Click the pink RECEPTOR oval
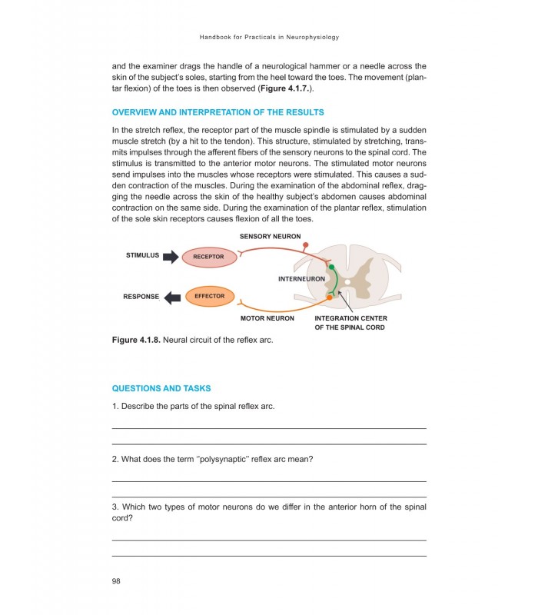click(x=208, y=256)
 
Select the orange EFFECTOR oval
click(x=209, y=296)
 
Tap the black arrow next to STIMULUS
click(x=171, y=256)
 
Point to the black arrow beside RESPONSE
click(x=172, y=297)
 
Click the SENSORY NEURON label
click(x=270, y=237)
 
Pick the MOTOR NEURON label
click(x=267, y=318)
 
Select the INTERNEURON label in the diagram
click(x=301, y=279)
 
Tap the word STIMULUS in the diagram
click(x=142, y=255)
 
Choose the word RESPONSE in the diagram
click(x=141, y=297)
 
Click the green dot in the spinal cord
click(x=332, y=267)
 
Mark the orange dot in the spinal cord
click(x=330, y=297)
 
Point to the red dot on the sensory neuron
click(x=306, y=246)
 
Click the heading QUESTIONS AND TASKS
click(x=161, y=388)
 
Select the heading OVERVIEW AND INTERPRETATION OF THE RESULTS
click(x=218, y=112)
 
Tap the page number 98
click(x=117, y=580)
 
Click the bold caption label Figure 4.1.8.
click(x=136, y=340)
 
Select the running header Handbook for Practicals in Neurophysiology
click(x=269, y=37)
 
